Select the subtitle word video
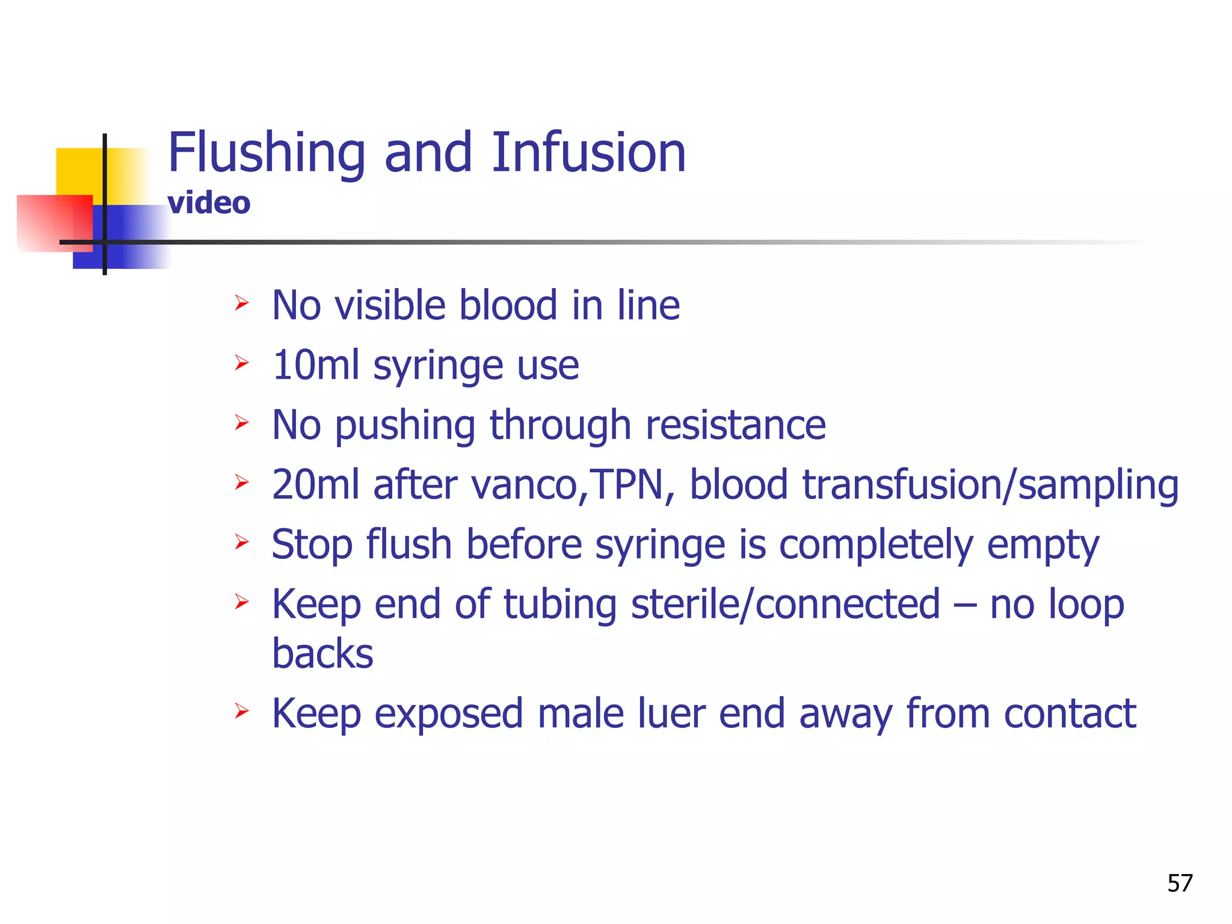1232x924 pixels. click(209, 203)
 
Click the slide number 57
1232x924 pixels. click(1180, 883)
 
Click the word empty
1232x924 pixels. click(1043, 545)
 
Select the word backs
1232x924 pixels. click(322, 654)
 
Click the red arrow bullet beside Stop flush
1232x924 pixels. click(242, 541)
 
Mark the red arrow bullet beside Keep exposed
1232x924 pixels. click(242, 710)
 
